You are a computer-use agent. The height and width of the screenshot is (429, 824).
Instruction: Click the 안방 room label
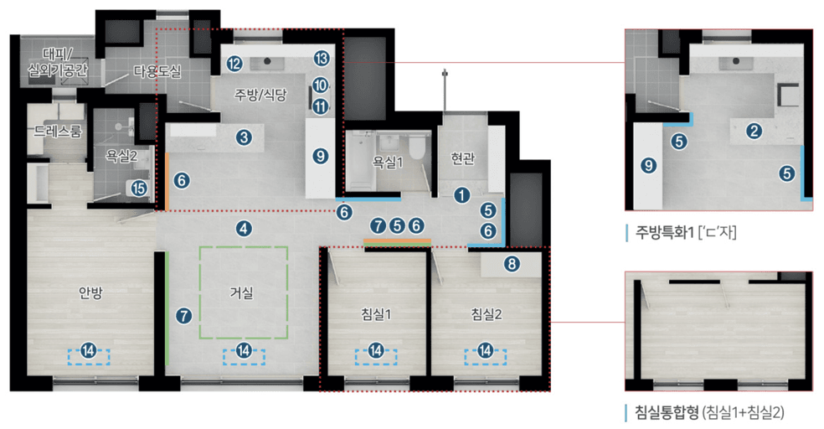[90, 292]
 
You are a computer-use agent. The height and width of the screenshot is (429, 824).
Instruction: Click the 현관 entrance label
[461, 160]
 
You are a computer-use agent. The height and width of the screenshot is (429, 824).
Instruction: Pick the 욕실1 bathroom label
[388, 162]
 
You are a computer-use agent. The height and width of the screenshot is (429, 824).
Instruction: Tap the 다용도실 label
[157, 71]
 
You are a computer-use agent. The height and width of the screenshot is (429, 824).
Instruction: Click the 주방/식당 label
[260, 96]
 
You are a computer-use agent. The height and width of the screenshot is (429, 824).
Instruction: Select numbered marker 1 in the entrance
[461, 194]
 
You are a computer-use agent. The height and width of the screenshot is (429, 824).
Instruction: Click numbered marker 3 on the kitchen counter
[244, 137]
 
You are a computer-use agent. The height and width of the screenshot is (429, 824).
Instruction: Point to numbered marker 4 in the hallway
[244, 227]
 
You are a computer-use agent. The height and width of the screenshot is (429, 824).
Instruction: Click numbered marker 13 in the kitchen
[321, 59]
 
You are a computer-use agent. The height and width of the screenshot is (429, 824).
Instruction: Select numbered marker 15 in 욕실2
[139, 188]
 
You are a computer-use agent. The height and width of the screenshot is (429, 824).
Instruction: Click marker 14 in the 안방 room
[88, 352]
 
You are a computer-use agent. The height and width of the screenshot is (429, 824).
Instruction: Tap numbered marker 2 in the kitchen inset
[754, 130]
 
